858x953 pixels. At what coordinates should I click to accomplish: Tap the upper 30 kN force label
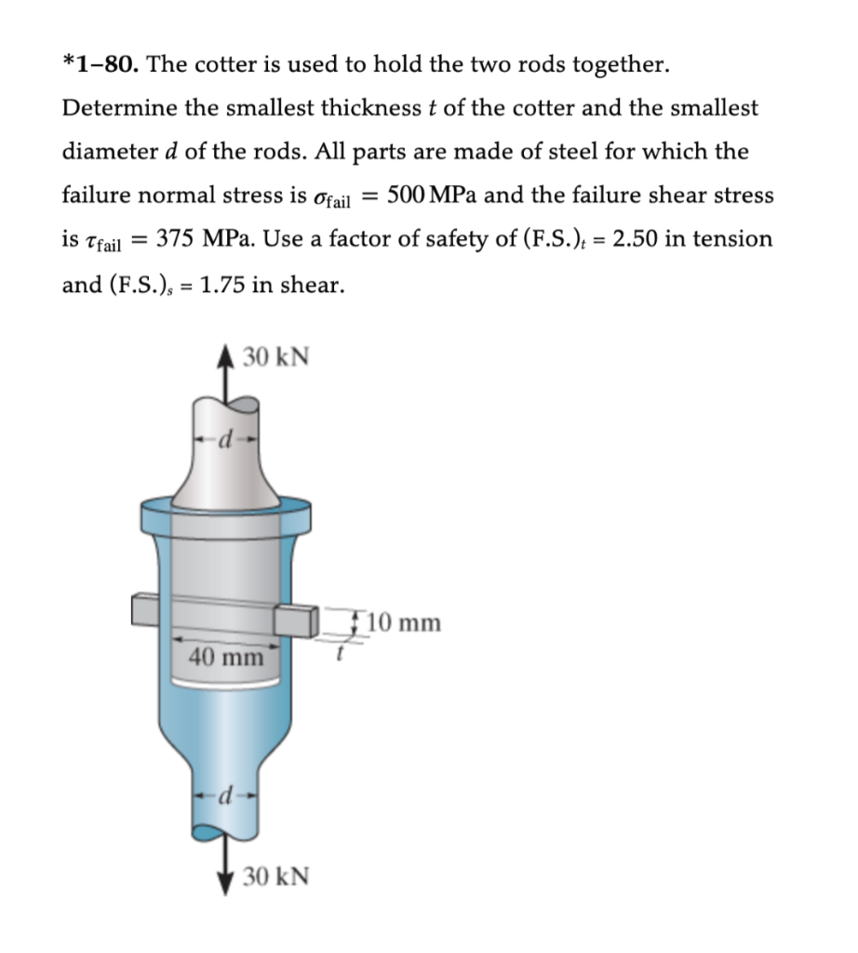276,356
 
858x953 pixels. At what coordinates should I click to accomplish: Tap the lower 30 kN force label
276,877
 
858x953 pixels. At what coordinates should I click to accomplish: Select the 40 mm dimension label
226,657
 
